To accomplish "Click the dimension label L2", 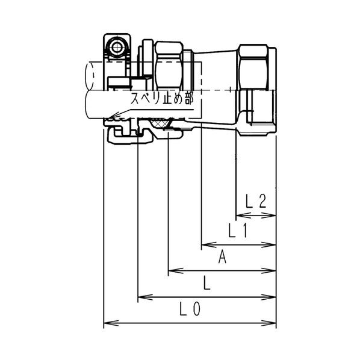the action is click(256, 201).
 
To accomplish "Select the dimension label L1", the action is click(238, 231).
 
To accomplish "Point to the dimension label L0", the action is click(190, 309).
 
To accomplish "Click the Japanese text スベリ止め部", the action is click(162, 99).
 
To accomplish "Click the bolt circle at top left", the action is click(117, 48).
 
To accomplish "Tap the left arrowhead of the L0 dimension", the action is click(111, 323).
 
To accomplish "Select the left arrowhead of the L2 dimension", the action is click(243, 216).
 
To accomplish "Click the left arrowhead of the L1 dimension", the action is click(209, 245).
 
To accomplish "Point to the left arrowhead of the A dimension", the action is click(176, 270).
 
